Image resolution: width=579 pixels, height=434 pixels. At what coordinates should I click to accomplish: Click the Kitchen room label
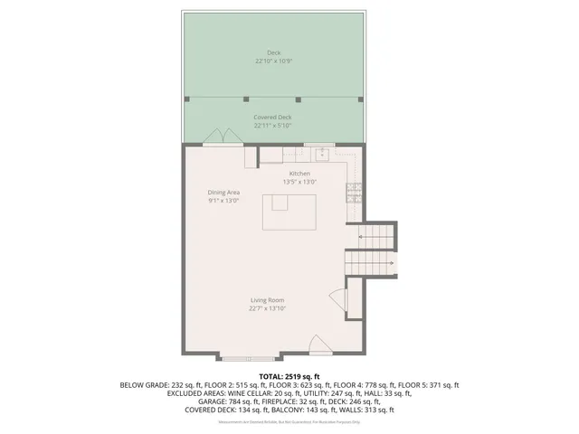tap(299, 173)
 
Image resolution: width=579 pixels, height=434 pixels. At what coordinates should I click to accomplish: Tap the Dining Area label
tap(223, 192)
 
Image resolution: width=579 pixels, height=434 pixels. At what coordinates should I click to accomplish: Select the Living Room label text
tap(268, 299)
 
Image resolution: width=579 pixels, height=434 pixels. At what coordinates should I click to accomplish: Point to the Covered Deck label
tap(272, 118)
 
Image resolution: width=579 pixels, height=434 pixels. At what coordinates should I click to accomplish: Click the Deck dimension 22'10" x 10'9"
tap(273, 61)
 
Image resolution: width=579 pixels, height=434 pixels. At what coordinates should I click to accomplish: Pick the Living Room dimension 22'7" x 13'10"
tap(268, 308)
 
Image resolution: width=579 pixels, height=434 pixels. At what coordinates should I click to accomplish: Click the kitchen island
tap(287, 212)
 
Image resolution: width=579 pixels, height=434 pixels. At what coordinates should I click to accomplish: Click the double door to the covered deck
tap(220, 138)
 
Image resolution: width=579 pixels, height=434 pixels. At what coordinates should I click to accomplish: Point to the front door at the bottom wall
tap(319, 344)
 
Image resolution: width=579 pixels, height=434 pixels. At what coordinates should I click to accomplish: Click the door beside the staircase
tap(337, 301)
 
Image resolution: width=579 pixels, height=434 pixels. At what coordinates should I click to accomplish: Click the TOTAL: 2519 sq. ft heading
tap(289, 375)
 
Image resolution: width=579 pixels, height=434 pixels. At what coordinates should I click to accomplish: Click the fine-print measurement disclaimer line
tap(289, 422)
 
